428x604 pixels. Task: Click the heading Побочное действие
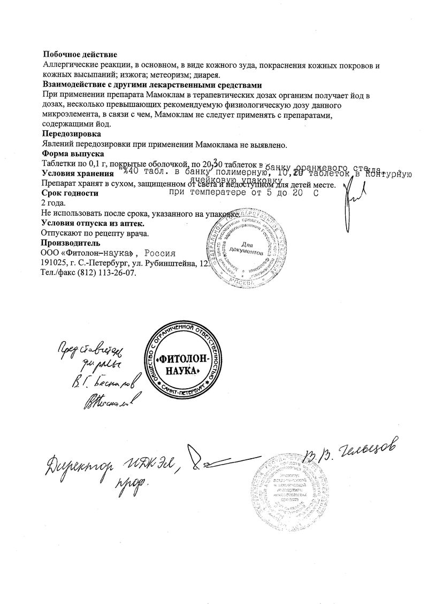pos(79,54)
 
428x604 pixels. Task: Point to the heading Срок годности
pos(70,193)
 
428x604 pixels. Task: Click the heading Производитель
pos(71,243)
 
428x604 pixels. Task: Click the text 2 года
pos(53,203)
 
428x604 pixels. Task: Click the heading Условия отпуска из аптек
pos(87,223)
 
